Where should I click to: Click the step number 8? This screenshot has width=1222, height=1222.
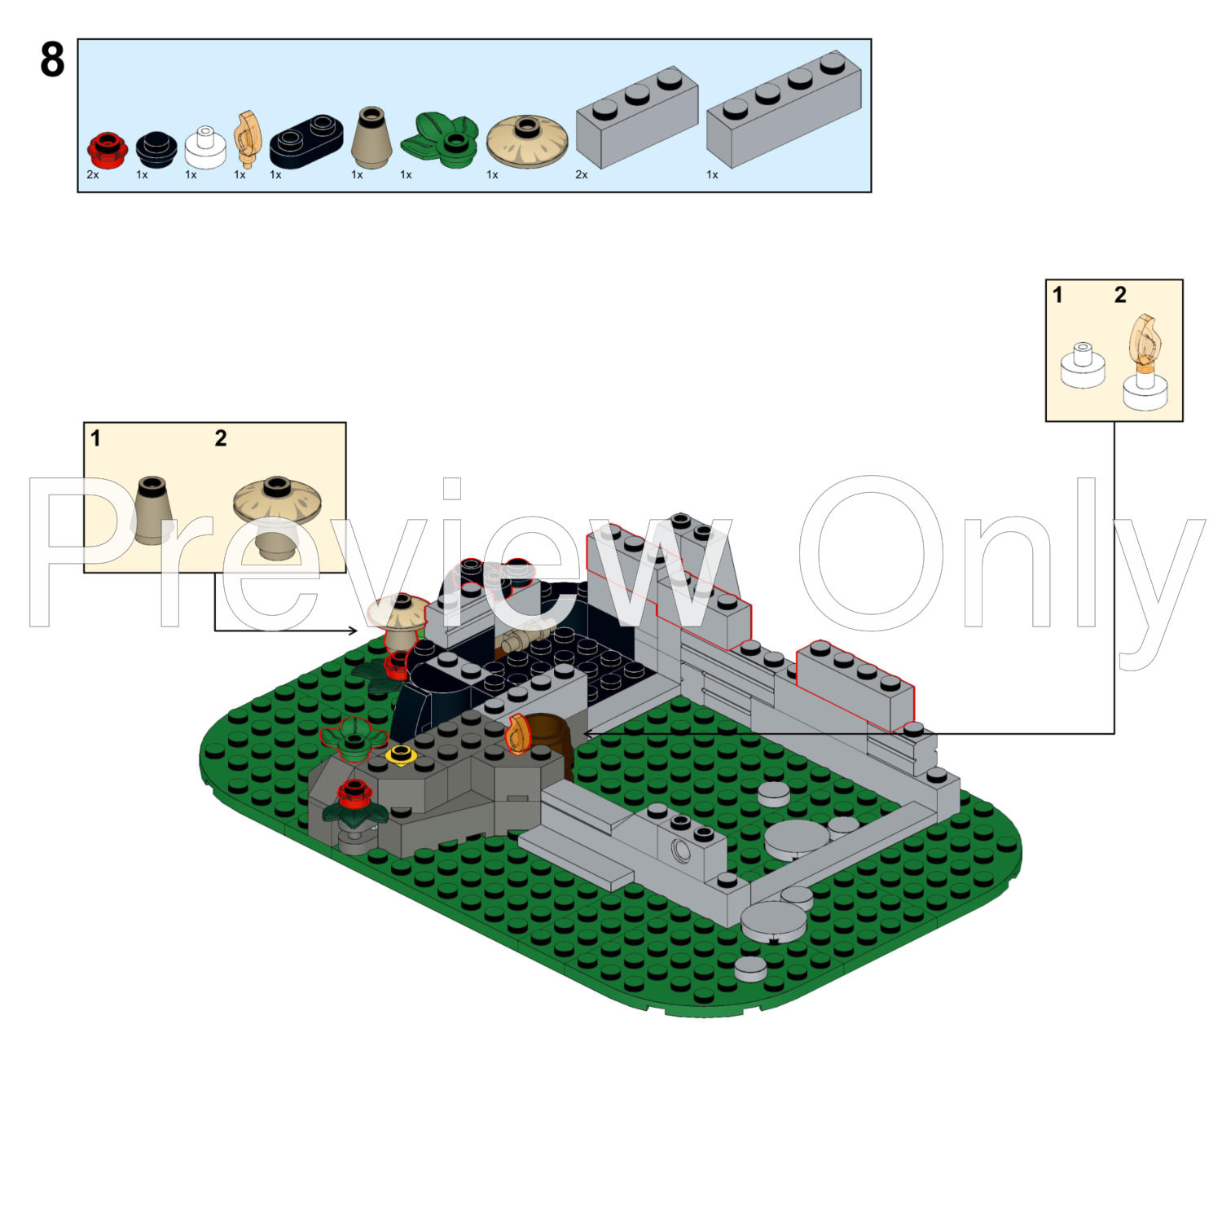pos(52,60)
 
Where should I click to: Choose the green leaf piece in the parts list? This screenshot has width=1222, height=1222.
pos(439,139)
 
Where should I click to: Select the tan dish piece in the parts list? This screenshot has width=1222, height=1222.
pos(527,141)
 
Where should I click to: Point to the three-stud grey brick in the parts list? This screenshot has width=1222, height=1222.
pos(637,116)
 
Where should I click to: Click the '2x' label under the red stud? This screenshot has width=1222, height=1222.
pos(93,174)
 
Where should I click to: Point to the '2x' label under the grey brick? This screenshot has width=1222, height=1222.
pos(582,174)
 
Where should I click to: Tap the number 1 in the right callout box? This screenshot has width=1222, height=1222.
pos(1057,295)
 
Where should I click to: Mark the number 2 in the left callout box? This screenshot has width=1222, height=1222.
pos(221,438)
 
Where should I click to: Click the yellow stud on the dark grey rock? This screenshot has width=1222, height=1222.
pos(401,754)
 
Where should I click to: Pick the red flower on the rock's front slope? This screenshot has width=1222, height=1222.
pos(354,793)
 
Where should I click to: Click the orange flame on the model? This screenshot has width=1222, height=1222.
pos(517,734)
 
